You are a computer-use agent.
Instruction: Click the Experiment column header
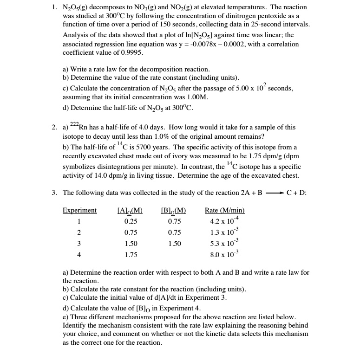click(79, 210)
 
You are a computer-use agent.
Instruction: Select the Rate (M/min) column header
click(225, 210)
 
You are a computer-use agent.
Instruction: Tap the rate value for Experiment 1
click(224, 221)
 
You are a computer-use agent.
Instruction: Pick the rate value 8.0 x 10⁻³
click(224, 254)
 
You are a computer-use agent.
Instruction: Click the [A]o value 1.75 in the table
click(131, 254)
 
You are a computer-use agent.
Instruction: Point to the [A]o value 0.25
click(131, 221)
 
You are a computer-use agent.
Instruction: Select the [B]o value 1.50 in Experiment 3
click(175, 243)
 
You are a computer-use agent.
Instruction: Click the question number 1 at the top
click(54, 7)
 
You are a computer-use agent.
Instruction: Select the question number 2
click(54, 127)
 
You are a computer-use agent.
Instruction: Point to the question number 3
click(54, 193)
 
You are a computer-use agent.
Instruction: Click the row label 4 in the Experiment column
click(79, 254)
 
